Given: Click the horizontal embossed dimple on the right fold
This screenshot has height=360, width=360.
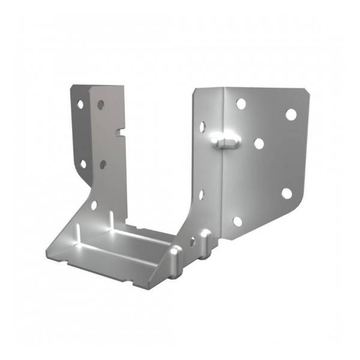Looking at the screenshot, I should coord(226,140).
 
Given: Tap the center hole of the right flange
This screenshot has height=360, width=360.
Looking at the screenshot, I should coord(259,144).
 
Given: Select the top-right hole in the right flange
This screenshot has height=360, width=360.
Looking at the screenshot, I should coord(290,114).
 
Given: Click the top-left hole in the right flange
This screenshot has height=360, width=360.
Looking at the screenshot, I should coord(241,104).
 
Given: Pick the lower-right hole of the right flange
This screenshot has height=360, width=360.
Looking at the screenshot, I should coord(287,193).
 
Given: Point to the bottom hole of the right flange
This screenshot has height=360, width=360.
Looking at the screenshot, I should coord(238,221).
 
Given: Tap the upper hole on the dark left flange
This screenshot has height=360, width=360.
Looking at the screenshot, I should coord(80,104).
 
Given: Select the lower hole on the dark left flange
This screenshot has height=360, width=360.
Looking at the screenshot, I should coord(83,163).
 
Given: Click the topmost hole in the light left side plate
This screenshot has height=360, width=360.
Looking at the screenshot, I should coord(101,104).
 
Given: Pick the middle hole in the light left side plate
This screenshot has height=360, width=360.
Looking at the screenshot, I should coord(103,163).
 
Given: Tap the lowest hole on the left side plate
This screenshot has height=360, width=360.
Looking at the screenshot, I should coord(94,205).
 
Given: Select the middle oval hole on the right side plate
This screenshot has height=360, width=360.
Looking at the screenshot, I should coord(201,194).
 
